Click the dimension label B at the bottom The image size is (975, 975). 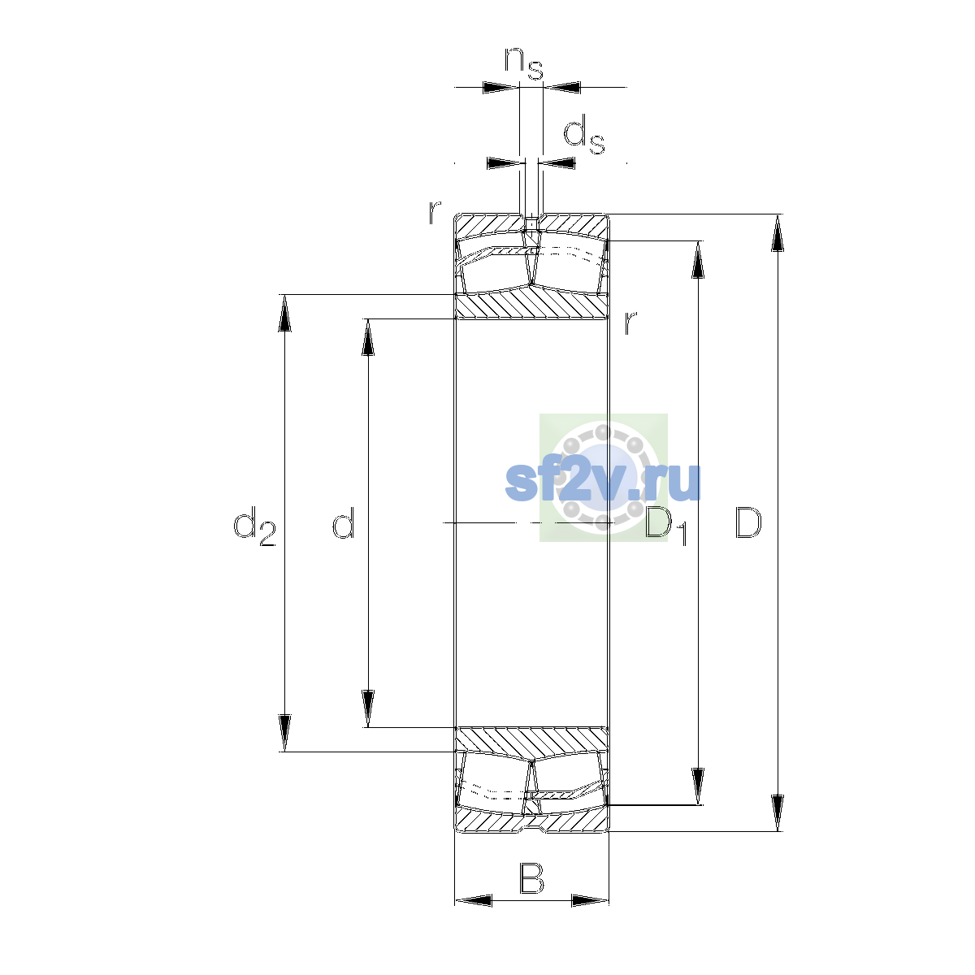point(531,879)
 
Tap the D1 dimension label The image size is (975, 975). point(666,526)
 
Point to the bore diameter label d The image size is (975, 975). point(344,522)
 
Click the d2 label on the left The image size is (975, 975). point(254,526)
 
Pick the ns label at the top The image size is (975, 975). point(524,63)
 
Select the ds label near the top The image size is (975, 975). point(584,134)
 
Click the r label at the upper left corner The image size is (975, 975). point(434,212)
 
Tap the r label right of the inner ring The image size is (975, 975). point(630,322)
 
